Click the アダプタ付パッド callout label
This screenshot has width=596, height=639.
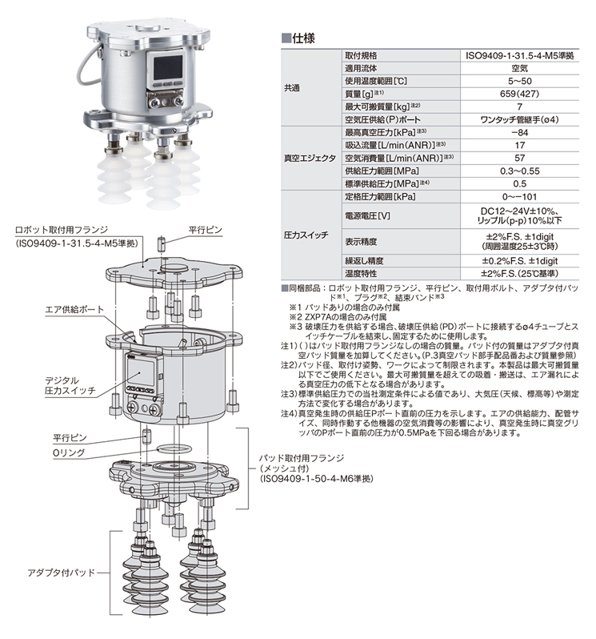click(61, 573)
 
